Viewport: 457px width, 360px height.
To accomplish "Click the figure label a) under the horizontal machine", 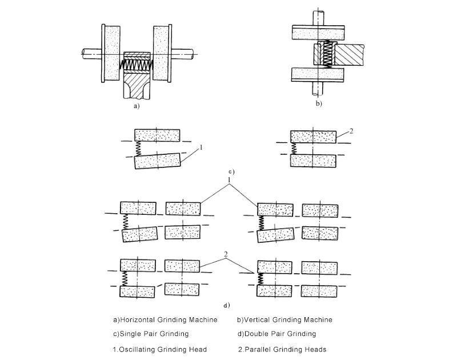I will coord(135,106).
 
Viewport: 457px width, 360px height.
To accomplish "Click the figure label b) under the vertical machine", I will coord(319,104).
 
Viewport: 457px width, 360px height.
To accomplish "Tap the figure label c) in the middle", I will coord(231,171).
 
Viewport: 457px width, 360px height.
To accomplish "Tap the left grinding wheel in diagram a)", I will coord(110,53).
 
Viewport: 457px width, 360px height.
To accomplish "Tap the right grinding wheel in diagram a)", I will coord(162,53).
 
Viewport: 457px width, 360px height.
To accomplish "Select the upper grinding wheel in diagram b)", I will coord(317,33).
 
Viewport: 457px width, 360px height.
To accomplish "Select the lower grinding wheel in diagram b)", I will coord(317,75).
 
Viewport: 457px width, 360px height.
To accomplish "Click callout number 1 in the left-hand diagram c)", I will coord(202,148).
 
